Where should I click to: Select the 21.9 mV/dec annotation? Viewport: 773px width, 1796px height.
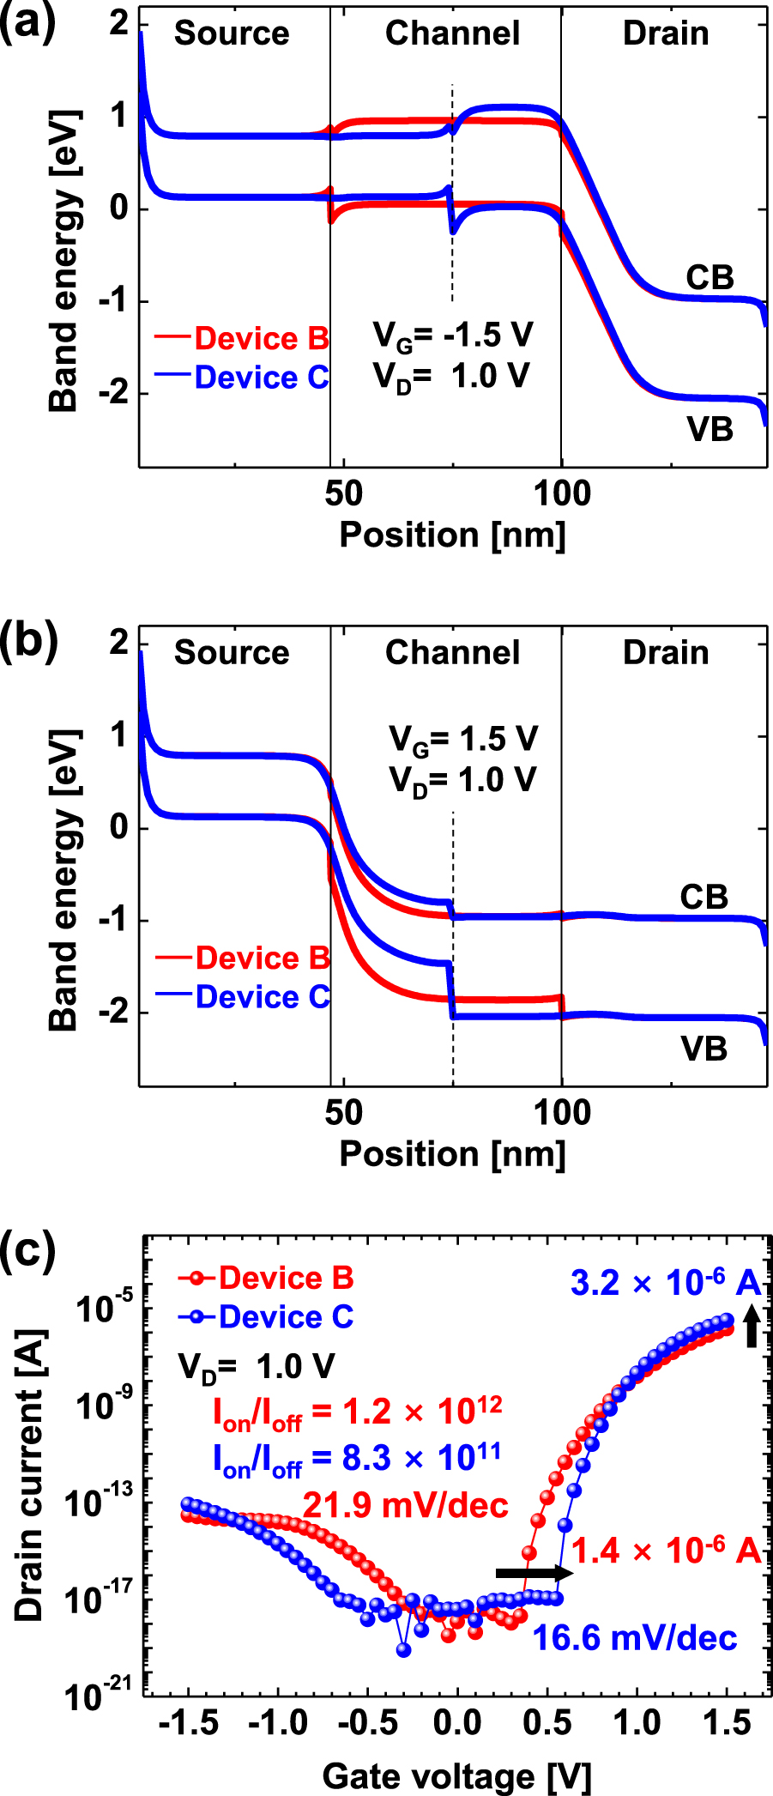(x=405, y=1505)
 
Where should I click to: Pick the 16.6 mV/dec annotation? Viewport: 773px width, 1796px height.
(x=634, y=1638)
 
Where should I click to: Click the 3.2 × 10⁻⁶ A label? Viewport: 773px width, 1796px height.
(x=665, y=1283)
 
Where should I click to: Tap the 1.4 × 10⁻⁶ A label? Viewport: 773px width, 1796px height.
(x=666, y=1551)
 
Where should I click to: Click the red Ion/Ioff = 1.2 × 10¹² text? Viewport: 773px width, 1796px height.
(x=357, y=1412)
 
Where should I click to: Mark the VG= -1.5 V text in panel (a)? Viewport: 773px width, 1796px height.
(x=452, y=336)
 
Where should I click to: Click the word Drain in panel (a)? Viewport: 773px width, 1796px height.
(x=666, y=33)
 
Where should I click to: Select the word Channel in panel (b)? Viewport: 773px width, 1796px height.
(x=452, y=653)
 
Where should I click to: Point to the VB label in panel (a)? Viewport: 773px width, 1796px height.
(x=710, y=429)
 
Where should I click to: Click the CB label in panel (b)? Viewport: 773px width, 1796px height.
(x=704, y=897)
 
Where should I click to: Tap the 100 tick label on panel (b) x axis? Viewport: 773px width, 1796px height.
(x=562, y=1113)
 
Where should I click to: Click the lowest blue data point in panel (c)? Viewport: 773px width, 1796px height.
(x=403, y=1649)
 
